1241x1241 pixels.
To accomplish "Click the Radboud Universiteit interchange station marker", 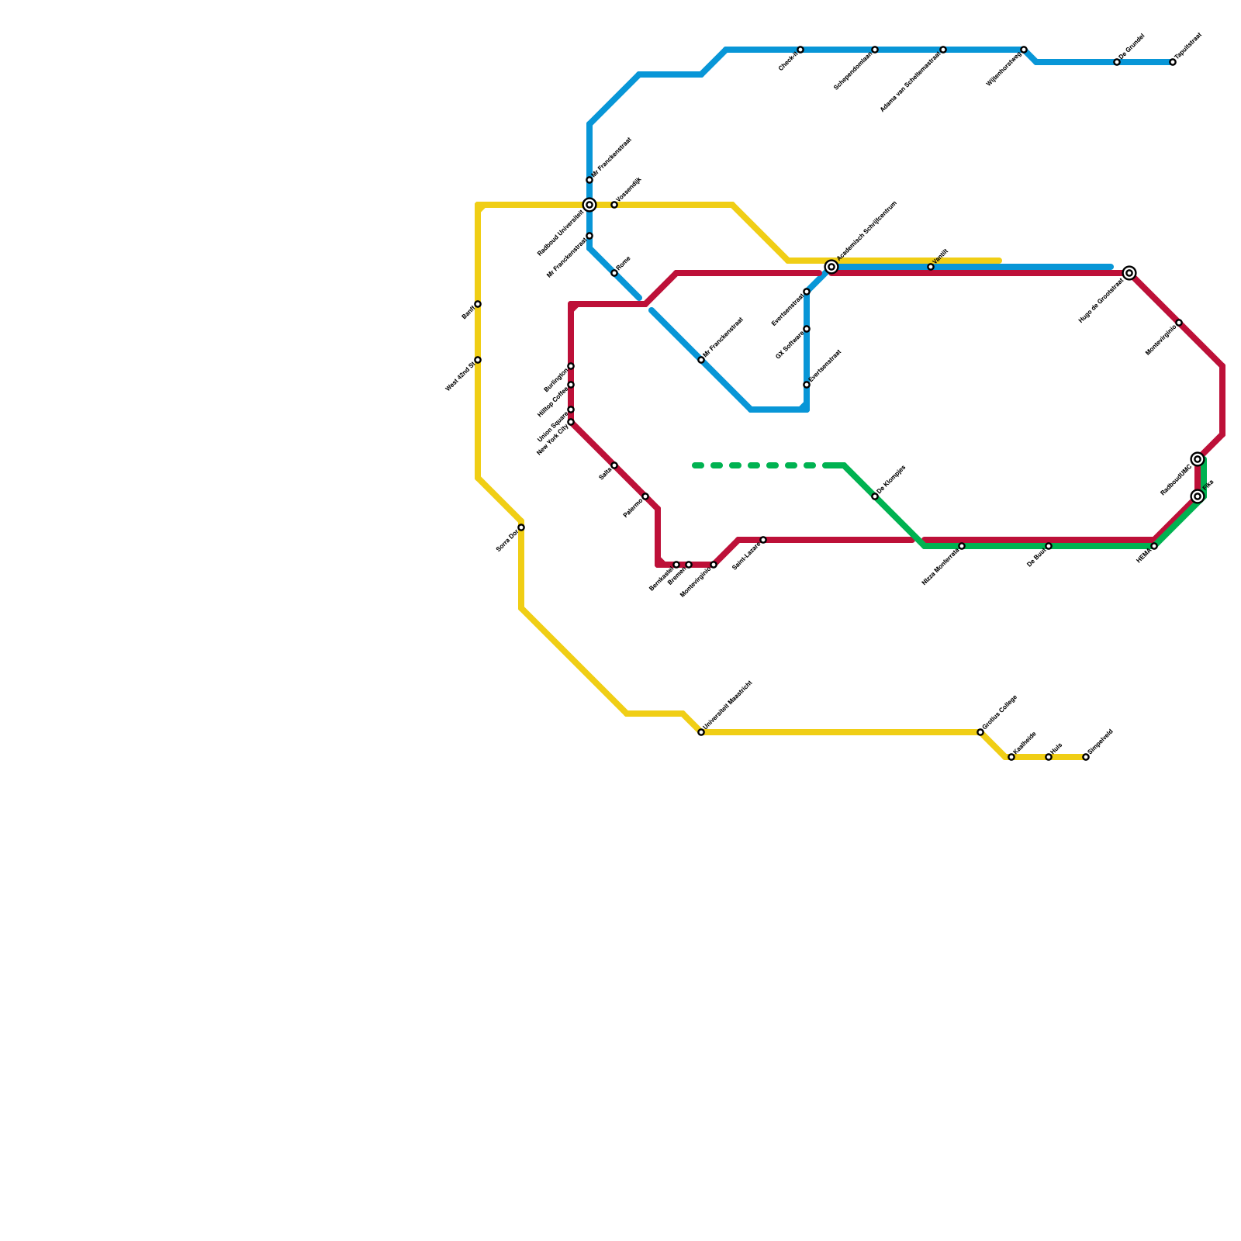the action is pos(589,205).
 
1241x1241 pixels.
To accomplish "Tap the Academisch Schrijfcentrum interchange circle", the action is pos(831,267).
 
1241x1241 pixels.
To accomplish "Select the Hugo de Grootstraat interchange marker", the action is pos(1129,273).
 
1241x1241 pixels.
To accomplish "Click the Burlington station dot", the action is pos(571,366).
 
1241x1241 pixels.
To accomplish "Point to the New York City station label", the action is pos(552,440).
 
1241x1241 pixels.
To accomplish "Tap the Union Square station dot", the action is pos(571,410).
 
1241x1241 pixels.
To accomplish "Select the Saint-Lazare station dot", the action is pos(763,540).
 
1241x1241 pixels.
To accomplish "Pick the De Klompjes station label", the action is pos(892,480).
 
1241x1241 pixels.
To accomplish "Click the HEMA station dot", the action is pos(1154,546).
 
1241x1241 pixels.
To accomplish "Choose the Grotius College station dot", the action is pos(980,732).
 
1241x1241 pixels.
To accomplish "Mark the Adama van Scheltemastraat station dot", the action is pos(943,50).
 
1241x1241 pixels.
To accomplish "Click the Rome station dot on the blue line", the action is pos(614,273).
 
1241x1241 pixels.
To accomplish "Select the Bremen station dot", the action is pos(689,565).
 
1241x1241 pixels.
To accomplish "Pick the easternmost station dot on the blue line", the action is pos(1173,62).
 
